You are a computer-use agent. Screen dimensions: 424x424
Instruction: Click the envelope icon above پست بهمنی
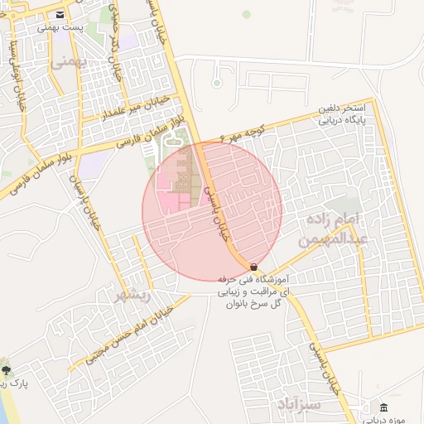[x=60, y=15]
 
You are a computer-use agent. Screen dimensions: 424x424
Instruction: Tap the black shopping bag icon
[x=253, y=267]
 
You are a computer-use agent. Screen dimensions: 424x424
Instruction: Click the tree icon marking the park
[x=7, y=370]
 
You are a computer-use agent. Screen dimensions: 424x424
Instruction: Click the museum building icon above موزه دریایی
[x=383, y=407]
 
